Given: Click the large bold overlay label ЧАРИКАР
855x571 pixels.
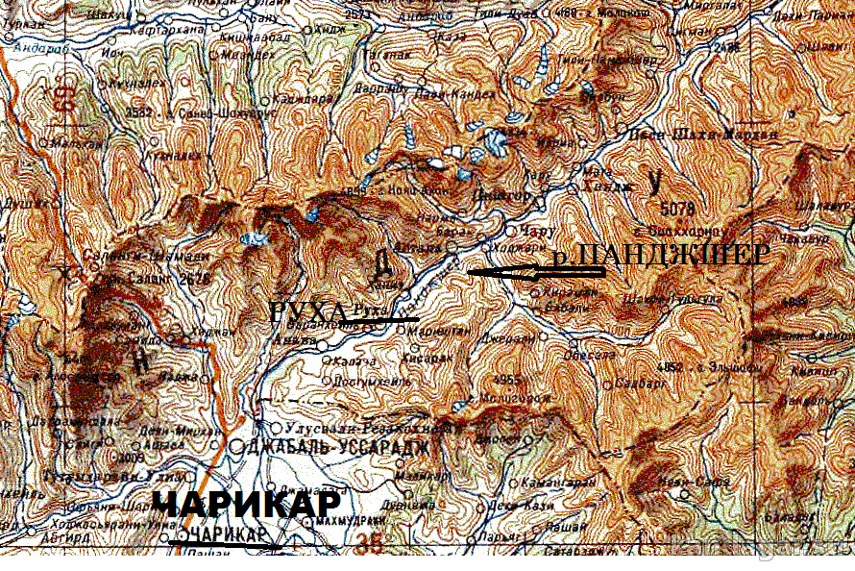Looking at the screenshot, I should [x=247, y=506].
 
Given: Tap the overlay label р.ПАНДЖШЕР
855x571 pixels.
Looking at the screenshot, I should [x=662, y=256].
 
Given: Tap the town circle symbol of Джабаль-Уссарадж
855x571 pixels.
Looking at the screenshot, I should [x=236, y=446].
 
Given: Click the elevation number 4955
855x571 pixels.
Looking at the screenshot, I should [x=506, y=379].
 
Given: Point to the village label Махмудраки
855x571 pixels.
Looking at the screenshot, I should [x=342, y=520].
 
